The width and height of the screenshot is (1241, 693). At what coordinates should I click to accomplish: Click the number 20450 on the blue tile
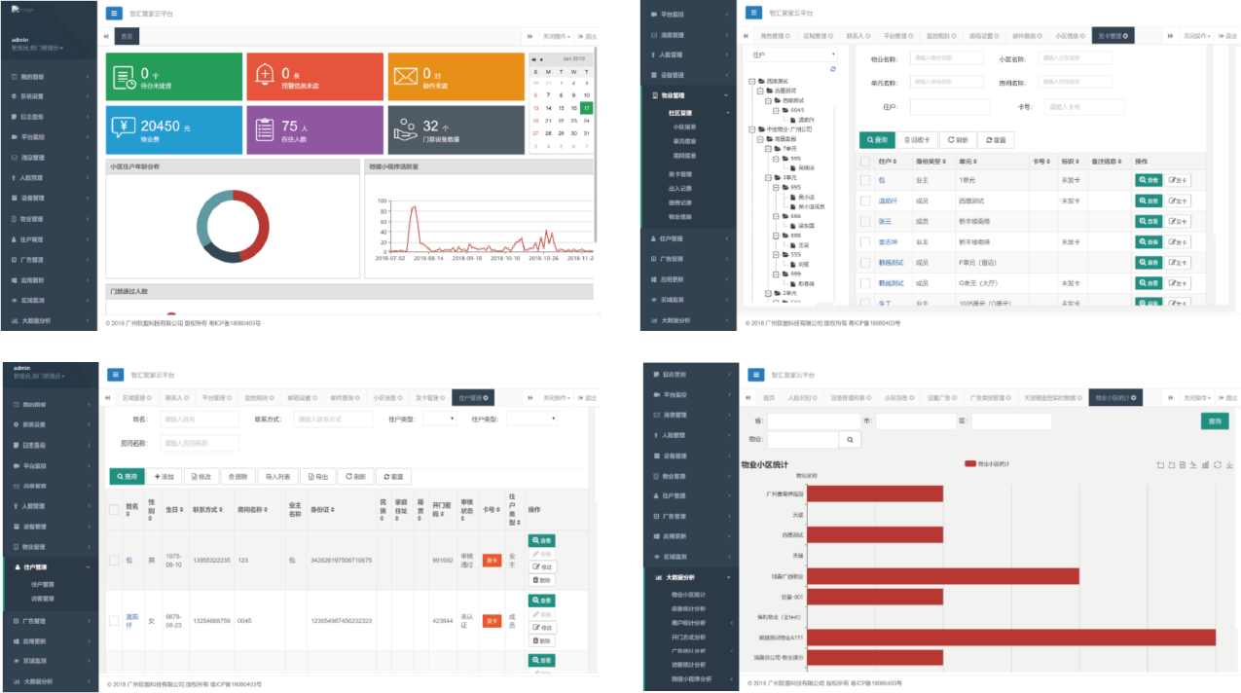[161, 127]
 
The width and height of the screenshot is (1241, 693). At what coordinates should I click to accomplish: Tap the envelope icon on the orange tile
[406, 75]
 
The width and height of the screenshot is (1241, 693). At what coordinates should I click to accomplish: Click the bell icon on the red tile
[265, 75]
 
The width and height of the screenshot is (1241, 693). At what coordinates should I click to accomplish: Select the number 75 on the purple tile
[290, 127]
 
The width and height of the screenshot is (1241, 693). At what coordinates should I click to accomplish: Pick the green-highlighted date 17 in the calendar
[586, 108]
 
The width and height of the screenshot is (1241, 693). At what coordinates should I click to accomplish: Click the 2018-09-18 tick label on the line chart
[466, 259]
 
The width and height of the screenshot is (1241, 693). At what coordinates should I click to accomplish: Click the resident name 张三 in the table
[885, 221]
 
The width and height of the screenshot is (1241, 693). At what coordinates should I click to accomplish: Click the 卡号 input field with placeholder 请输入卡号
[1077, 107]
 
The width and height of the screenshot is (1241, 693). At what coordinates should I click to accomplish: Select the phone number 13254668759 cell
[212, 620]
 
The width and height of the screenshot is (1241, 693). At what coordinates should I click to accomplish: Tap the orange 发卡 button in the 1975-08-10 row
[492, 560]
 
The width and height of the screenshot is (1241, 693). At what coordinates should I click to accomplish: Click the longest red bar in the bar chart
[1011, 638]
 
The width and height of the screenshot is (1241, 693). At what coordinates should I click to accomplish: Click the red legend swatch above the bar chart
[970, 464]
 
